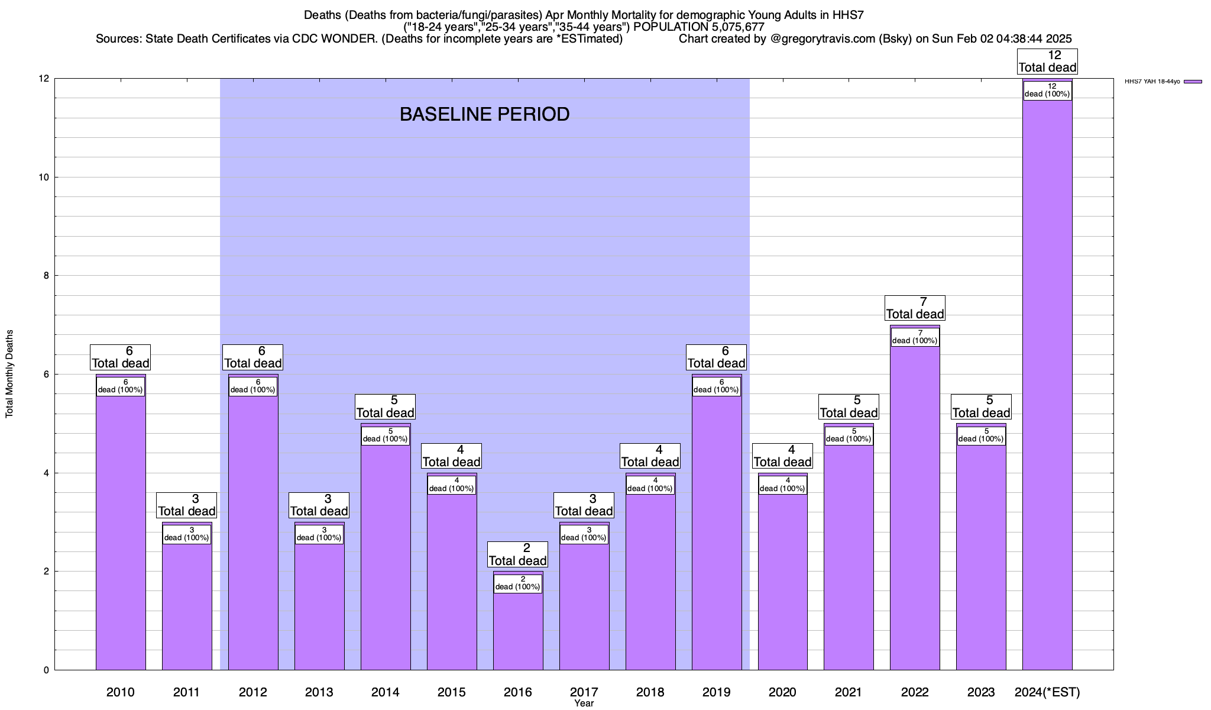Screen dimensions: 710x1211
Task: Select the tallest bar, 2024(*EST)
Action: point(1047,385)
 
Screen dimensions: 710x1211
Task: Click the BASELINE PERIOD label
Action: point(484,114)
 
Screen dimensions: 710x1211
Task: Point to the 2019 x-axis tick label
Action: point(716,692)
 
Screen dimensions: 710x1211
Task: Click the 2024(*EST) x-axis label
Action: point(1047,692)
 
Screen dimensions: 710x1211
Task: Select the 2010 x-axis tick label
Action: point(121,692)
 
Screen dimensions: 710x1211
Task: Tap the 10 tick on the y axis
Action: point(44,177)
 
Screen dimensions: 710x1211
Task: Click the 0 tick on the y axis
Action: point(46,670)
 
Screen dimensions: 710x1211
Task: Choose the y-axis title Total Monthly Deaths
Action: point(9,374)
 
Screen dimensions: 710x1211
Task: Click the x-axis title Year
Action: point(584,703)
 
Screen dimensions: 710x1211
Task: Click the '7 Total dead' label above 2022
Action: point(915,308)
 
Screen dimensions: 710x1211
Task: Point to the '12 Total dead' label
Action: point(1047,62)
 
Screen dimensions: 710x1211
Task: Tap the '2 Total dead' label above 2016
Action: point(518,554)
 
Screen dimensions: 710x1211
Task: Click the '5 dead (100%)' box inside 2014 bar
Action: point(386,435)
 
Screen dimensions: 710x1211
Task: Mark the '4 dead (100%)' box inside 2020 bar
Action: point(782,485)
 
